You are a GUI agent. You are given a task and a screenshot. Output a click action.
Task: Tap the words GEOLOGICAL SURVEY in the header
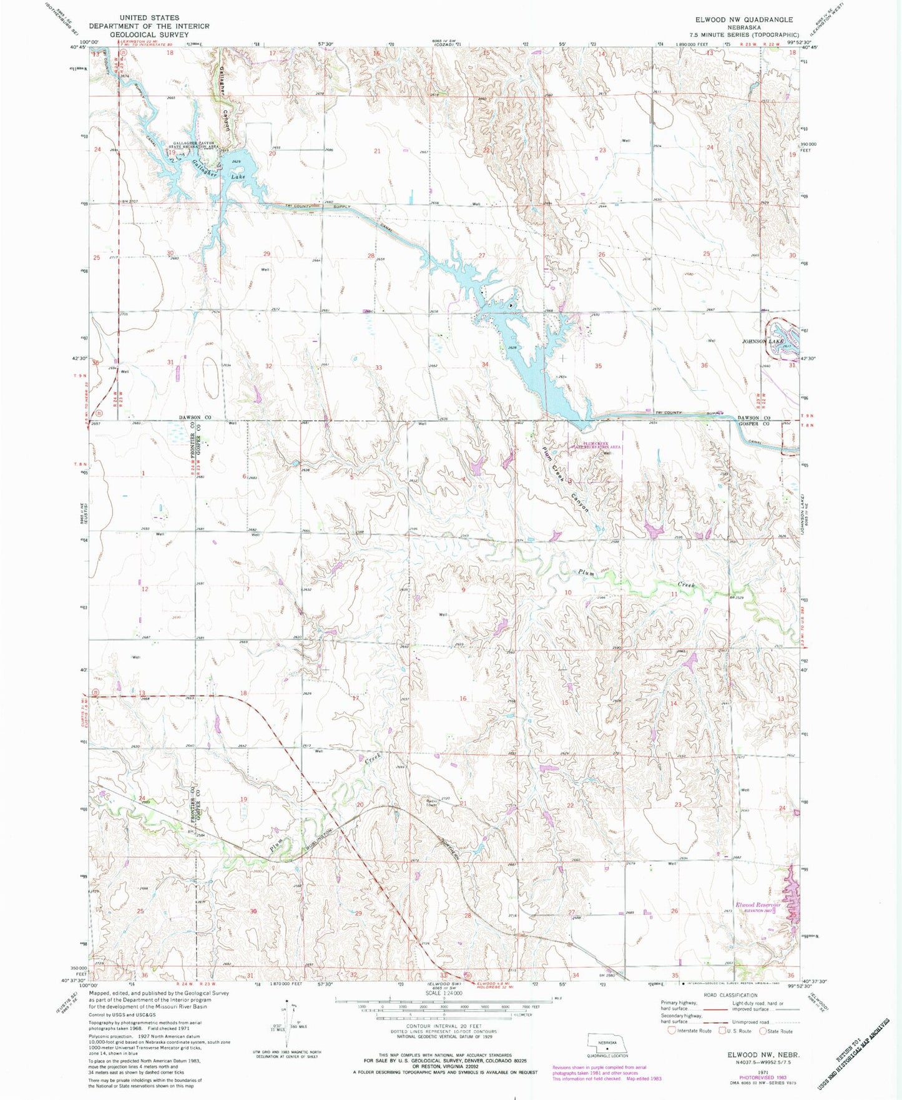[149, 34]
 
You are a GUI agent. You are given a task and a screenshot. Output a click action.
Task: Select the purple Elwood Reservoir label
[758, 905]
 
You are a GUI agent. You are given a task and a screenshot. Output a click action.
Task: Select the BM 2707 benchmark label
[129, 202]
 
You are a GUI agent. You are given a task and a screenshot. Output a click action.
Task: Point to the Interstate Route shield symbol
[672, 1031]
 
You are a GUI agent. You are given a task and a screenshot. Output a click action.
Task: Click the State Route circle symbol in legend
[764, 1031]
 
